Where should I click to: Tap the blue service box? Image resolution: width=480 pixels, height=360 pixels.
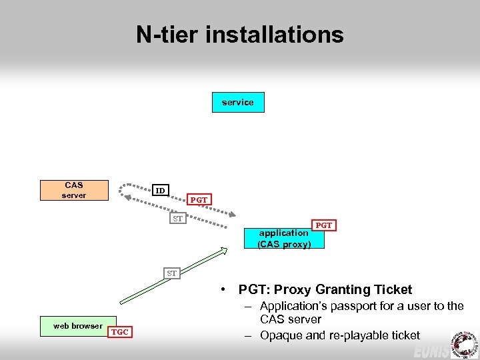238,102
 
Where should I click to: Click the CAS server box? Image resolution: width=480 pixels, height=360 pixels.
73,190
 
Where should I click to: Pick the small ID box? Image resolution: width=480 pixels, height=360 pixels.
160,191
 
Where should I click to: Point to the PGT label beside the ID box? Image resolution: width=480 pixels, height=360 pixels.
199,199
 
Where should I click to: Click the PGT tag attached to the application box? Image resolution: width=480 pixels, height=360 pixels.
323,225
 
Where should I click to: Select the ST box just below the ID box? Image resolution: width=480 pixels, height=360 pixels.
177,219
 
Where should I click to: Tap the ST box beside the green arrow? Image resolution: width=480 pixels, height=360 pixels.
172,273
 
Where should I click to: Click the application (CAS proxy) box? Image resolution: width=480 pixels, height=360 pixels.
284,238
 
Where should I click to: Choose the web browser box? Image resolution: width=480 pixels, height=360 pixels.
78,326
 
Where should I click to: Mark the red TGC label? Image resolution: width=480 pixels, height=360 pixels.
120,331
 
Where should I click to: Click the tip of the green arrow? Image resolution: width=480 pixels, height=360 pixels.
225,249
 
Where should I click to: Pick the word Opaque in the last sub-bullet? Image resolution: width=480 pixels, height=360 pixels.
281,335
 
